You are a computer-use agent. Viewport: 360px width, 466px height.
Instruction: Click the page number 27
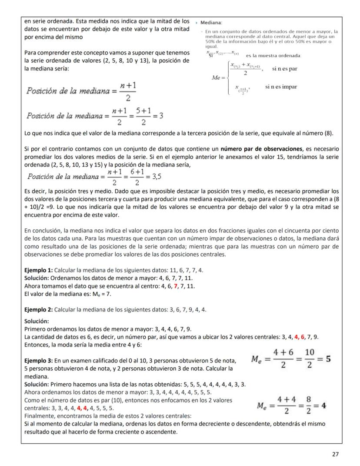click(335, 454)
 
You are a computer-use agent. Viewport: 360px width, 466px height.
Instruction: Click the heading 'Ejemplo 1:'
click(39, 270)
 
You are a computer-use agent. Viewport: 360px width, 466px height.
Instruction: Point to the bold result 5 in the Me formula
click(329, 360)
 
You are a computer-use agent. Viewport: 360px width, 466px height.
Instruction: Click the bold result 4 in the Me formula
click(324, 409)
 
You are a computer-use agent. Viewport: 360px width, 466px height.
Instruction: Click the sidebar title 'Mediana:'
click(212, 22)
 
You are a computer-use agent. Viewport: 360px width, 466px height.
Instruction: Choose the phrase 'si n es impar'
click(281, 87)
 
